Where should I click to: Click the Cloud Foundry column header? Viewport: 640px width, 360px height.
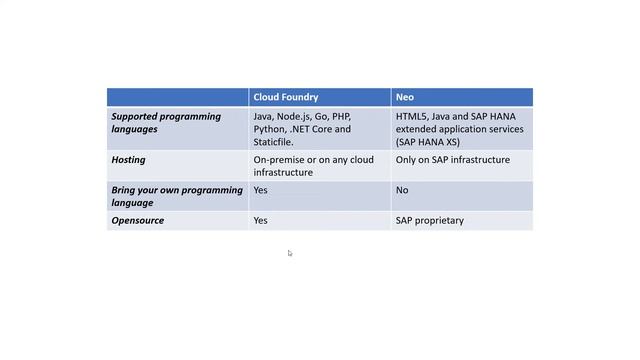tap(286, 97)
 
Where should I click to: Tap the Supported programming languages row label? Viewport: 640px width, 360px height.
tap(166, 123)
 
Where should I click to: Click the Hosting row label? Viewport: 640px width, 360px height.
tap(129, 160)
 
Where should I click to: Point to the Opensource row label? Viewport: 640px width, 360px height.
tap(138, 220)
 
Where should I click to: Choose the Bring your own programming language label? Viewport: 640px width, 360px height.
tap(177, 196)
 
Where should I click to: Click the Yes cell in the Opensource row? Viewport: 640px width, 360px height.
tap(261, 220)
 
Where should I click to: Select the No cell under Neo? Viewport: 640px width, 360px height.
tap(402, 190)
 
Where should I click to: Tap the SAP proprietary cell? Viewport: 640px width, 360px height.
tap(430, 220)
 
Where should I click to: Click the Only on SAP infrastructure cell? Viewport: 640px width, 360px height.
tap(452, 160)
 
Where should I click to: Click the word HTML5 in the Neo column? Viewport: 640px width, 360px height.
tap(412, 117)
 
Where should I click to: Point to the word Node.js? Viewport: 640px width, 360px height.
tap(295, 117)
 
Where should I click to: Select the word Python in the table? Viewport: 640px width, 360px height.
tap(269, 129)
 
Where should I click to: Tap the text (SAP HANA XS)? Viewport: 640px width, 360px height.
tap(430, 141)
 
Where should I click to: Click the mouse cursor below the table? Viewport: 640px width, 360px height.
tap(290, 253)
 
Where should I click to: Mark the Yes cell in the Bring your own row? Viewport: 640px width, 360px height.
tap(261, 190)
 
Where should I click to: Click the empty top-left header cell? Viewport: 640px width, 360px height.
tap(177, 97)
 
